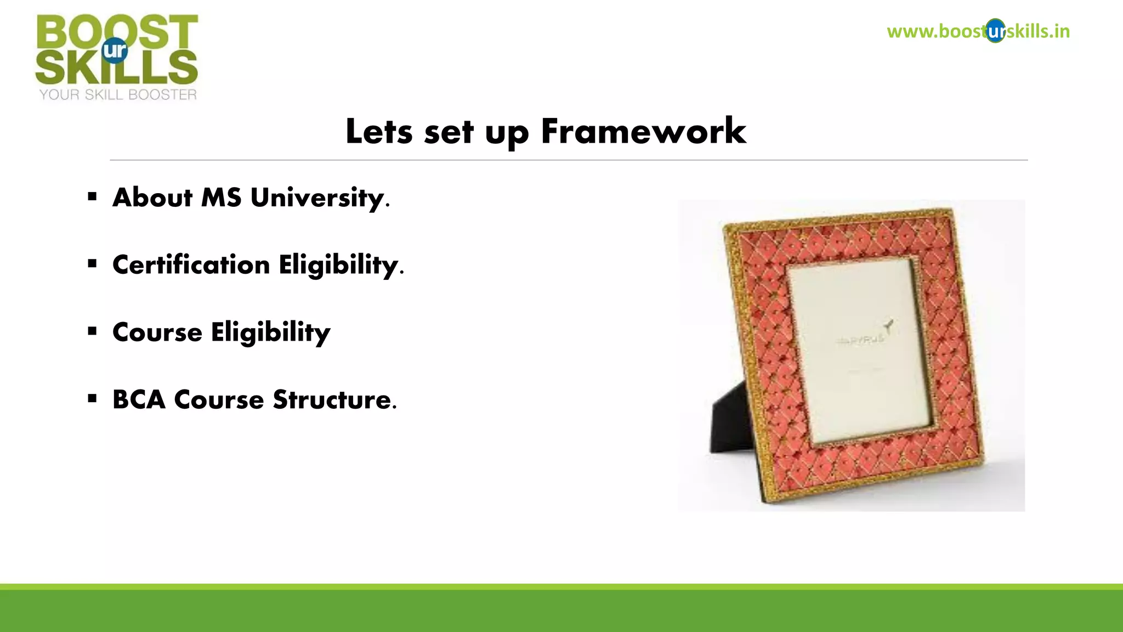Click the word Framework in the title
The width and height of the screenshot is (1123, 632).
pyautogui.click(x=643, y=132)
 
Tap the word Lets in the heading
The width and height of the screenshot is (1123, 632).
pyautogui.click(x=378, y=132)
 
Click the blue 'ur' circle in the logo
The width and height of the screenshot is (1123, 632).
pyautogui.click(x=115, y=50)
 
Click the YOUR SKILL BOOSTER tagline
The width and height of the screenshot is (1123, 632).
pyautogui.click(x=117, y=95)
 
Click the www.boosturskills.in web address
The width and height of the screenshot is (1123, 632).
pyautogui.click(x=978, y=31)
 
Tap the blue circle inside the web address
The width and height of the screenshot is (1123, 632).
pyautogui.click(x=995, y=31)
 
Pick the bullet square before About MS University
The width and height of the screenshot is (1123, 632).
pyautogui.click(x=92, y=196)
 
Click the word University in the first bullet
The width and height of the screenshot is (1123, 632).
pyautogui.click(x=317, y=198)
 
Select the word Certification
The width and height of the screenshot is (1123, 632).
pyautogui.click(x=191, y=265)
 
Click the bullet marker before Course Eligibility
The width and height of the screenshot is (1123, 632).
pyautogui.click(x=92, y=331)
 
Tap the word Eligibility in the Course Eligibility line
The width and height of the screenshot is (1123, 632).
pyautogui.click(x=270, y=332)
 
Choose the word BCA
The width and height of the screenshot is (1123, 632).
pyautogui.click(x=139, y=399)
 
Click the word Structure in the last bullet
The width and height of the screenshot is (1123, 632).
pyautogui.click(x=332, y=399)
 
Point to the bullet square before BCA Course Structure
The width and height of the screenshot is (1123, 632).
pyautogui.click(x=92, y=398)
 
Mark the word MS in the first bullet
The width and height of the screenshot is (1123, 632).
pyautogui.click(x=221, y=198)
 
